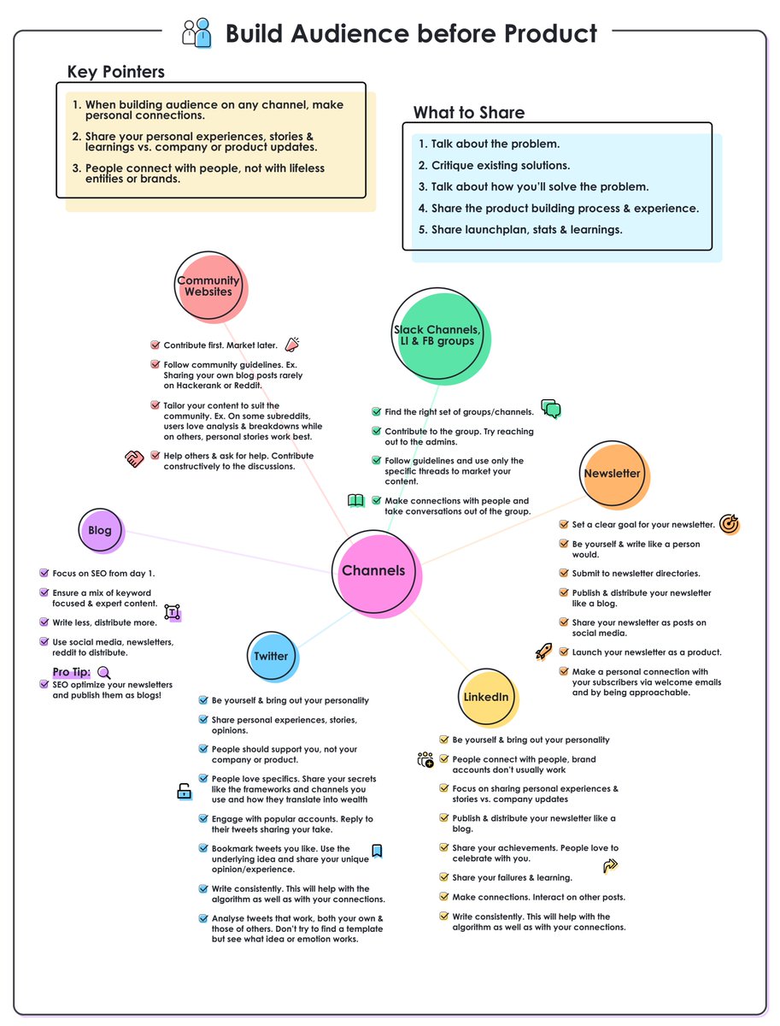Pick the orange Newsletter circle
(x=613, y=474)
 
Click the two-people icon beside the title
(x=196, y=32)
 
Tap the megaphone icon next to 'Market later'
(x=292, y=344)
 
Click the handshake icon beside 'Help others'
(x=134, y=457)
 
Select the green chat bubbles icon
(x=551, y=408)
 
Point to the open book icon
(x=355, y=500)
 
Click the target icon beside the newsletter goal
(x=728, y=523)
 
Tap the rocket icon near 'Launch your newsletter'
(x=543, y=650)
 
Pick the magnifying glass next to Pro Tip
(x=103, y=672)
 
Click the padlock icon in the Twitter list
(x=184, y=790)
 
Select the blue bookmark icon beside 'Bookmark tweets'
(x=377, y=851)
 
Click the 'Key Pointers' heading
(x=116, y=72)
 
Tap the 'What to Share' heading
(x=468, y=112)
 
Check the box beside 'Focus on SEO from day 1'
(x=44, y=573)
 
